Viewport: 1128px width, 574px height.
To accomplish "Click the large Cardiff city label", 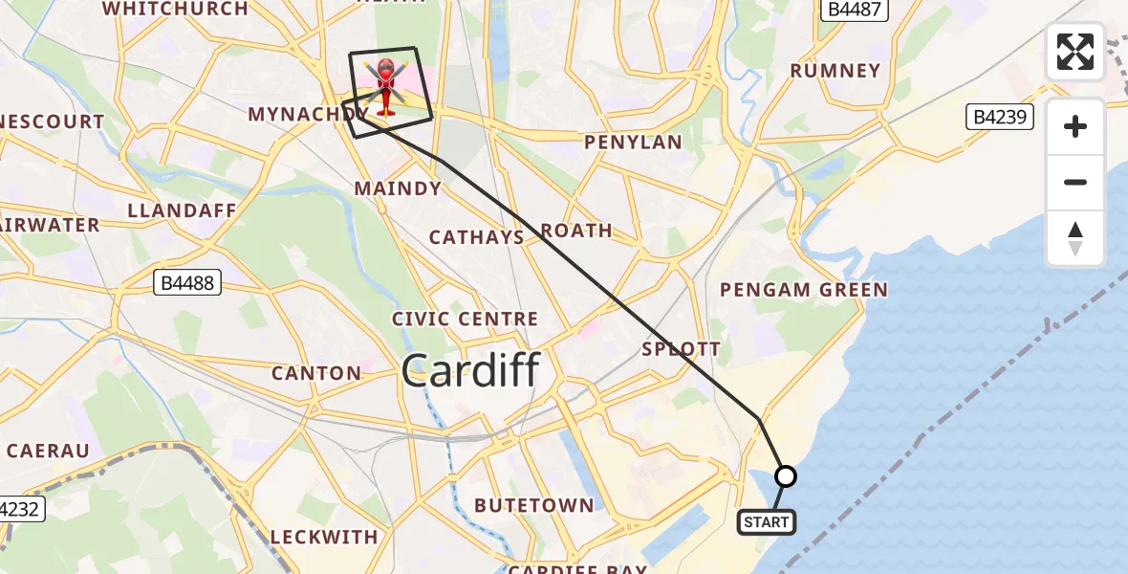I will (x=471, y=370).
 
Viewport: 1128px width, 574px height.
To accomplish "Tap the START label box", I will (x=766, y=522).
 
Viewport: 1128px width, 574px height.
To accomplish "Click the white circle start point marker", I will (x=785, y=475).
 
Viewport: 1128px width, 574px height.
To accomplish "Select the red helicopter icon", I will (x=385, y=84).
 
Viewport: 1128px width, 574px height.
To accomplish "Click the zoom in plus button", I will (x=1075, y=126).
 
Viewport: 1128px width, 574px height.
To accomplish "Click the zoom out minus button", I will (x=1075, y=182).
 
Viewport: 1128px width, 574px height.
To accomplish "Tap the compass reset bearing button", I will (x=1075, y=237).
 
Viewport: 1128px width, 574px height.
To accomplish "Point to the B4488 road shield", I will (x=187, y=282).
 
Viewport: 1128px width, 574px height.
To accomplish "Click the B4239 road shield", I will (x=999, y=118).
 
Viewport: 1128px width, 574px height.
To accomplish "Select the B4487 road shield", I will (x=857, y=10).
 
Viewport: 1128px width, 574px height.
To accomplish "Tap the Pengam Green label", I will (x=804, y=289).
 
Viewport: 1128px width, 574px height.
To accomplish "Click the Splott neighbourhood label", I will (x=681, y=349).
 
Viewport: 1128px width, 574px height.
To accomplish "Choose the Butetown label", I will (x=533, y=505).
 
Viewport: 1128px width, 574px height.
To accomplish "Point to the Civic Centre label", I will (x=466, y=319).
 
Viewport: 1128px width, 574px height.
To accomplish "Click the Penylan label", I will (x=634, y=143).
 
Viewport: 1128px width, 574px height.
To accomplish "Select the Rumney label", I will (x=835, y=71).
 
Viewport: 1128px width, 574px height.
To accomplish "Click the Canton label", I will (x=316, y=373).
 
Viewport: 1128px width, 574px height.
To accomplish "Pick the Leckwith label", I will (x=324, y=537).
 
